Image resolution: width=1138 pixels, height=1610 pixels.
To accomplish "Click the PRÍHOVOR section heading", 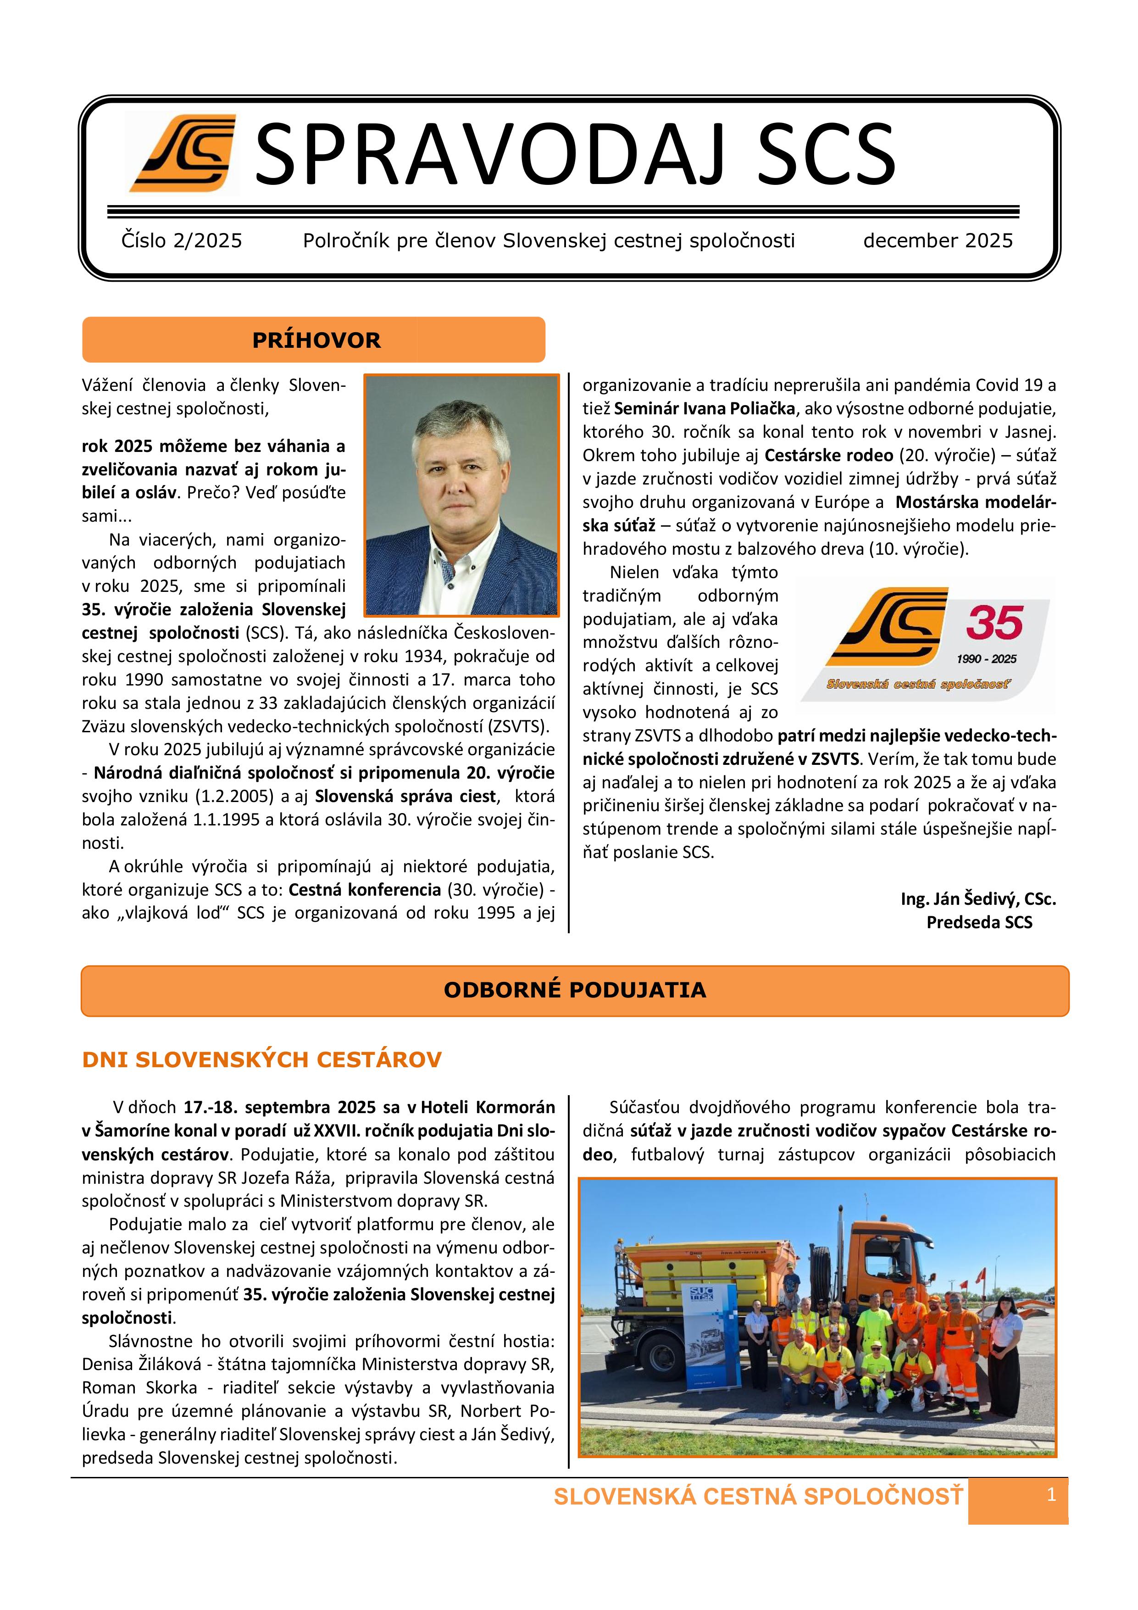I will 316,340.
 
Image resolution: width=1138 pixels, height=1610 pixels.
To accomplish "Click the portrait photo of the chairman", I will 461,495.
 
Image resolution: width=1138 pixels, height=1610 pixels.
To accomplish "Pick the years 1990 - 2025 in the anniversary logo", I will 986,659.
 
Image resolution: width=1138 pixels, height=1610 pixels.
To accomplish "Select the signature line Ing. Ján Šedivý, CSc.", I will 978,899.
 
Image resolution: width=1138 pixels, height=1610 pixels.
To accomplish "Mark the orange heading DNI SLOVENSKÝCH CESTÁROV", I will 261,1059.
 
